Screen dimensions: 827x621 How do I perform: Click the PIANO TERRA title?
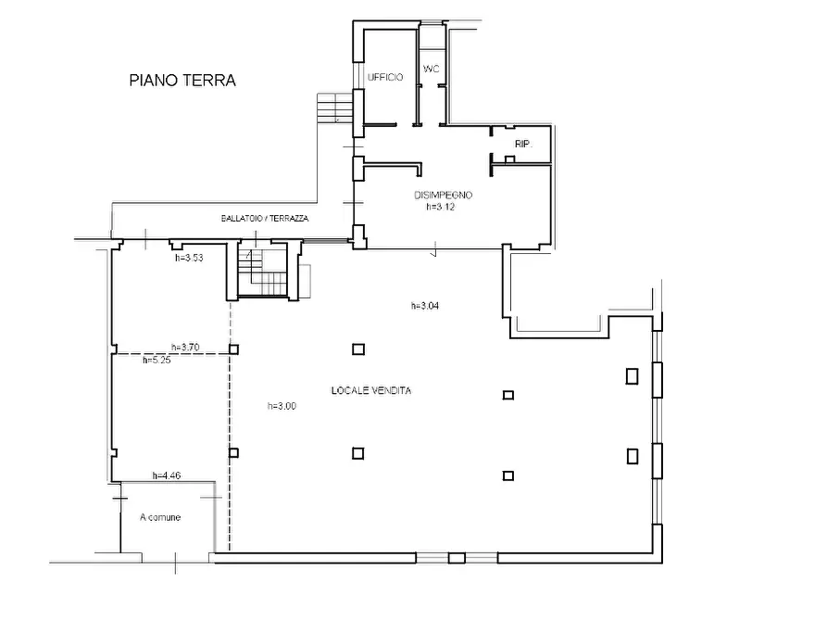click(x=182, y=81)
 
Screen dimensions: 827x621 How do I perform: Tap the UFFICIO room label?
click(x=385, y=77)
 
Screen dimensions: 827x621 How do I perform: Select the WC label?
click(x=431, y=70)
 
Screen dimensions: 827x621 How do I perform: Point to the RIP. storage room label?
click(x=523, y=144)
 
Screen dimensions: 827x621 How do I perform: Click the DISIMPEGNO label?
click(x=443, y=195)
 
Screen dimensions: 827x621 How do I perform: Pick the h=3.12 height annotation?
click(x=441, y=207)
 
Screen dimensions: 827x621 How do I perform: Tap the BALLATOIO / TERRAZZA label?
click(x=265, y=218)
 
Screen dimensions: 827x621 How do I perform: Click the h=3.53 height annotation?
click(x=189, y=258)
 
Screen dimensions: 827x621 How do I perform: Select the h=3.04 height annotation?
click(x=425, y=305)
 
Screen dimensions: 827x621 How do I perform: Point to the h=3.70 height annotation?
click(x=185, y=347)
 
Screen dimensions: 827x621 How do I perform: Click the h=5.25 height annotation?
click(x=157, y=361)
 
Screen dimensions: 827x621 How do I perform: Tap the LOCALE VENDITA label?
click(x=371, y=390)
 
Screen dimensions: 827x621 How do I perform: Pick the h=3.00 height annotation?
click(x=282, y=406)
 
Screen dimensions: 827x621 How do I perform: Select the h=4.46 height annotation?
click(x=167, y=475)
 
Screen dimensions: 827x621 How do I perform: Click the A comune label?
click(x=160, y=517)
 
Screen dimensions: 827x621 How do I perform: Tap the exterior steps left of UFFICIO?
click(x=334, y=108)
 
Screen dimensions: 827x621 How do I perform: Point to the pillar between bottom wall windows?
click(x=457, y=558)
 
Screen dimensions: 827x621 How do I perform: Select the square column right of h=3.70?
click(x=234, y=349)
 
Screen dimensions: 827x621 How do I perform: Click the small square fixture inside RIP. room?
click(x=509, y=159)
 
